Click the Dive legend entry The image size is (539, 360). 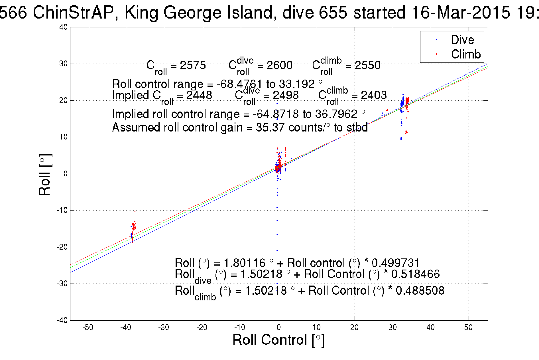(462, 40)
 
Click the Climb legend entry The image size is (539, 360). (465, 54)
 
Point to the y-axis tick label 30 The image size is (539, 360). (63, 64)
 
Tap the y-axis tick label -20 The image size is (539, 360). (62, 247)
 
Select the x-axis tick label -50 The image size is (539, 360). (88, 327)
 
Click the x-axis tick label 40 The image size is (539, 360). (430, 327)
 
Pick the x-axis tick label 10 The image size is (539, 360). (316, 327)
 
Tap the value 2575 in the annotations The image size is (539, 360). (193, 66)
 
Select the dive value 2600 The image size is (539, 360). (279, 66)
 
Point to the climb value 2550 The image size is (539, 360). (367, 66)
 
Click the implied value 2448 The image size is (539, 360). (199, 95)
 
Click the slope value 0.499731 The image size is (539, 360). (396, 263)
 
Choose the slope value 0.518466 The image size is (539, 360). (415, 274)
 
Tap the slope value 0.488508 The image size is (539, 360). (420, 291)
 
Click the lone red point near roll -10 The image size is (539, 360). (135, 211)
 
